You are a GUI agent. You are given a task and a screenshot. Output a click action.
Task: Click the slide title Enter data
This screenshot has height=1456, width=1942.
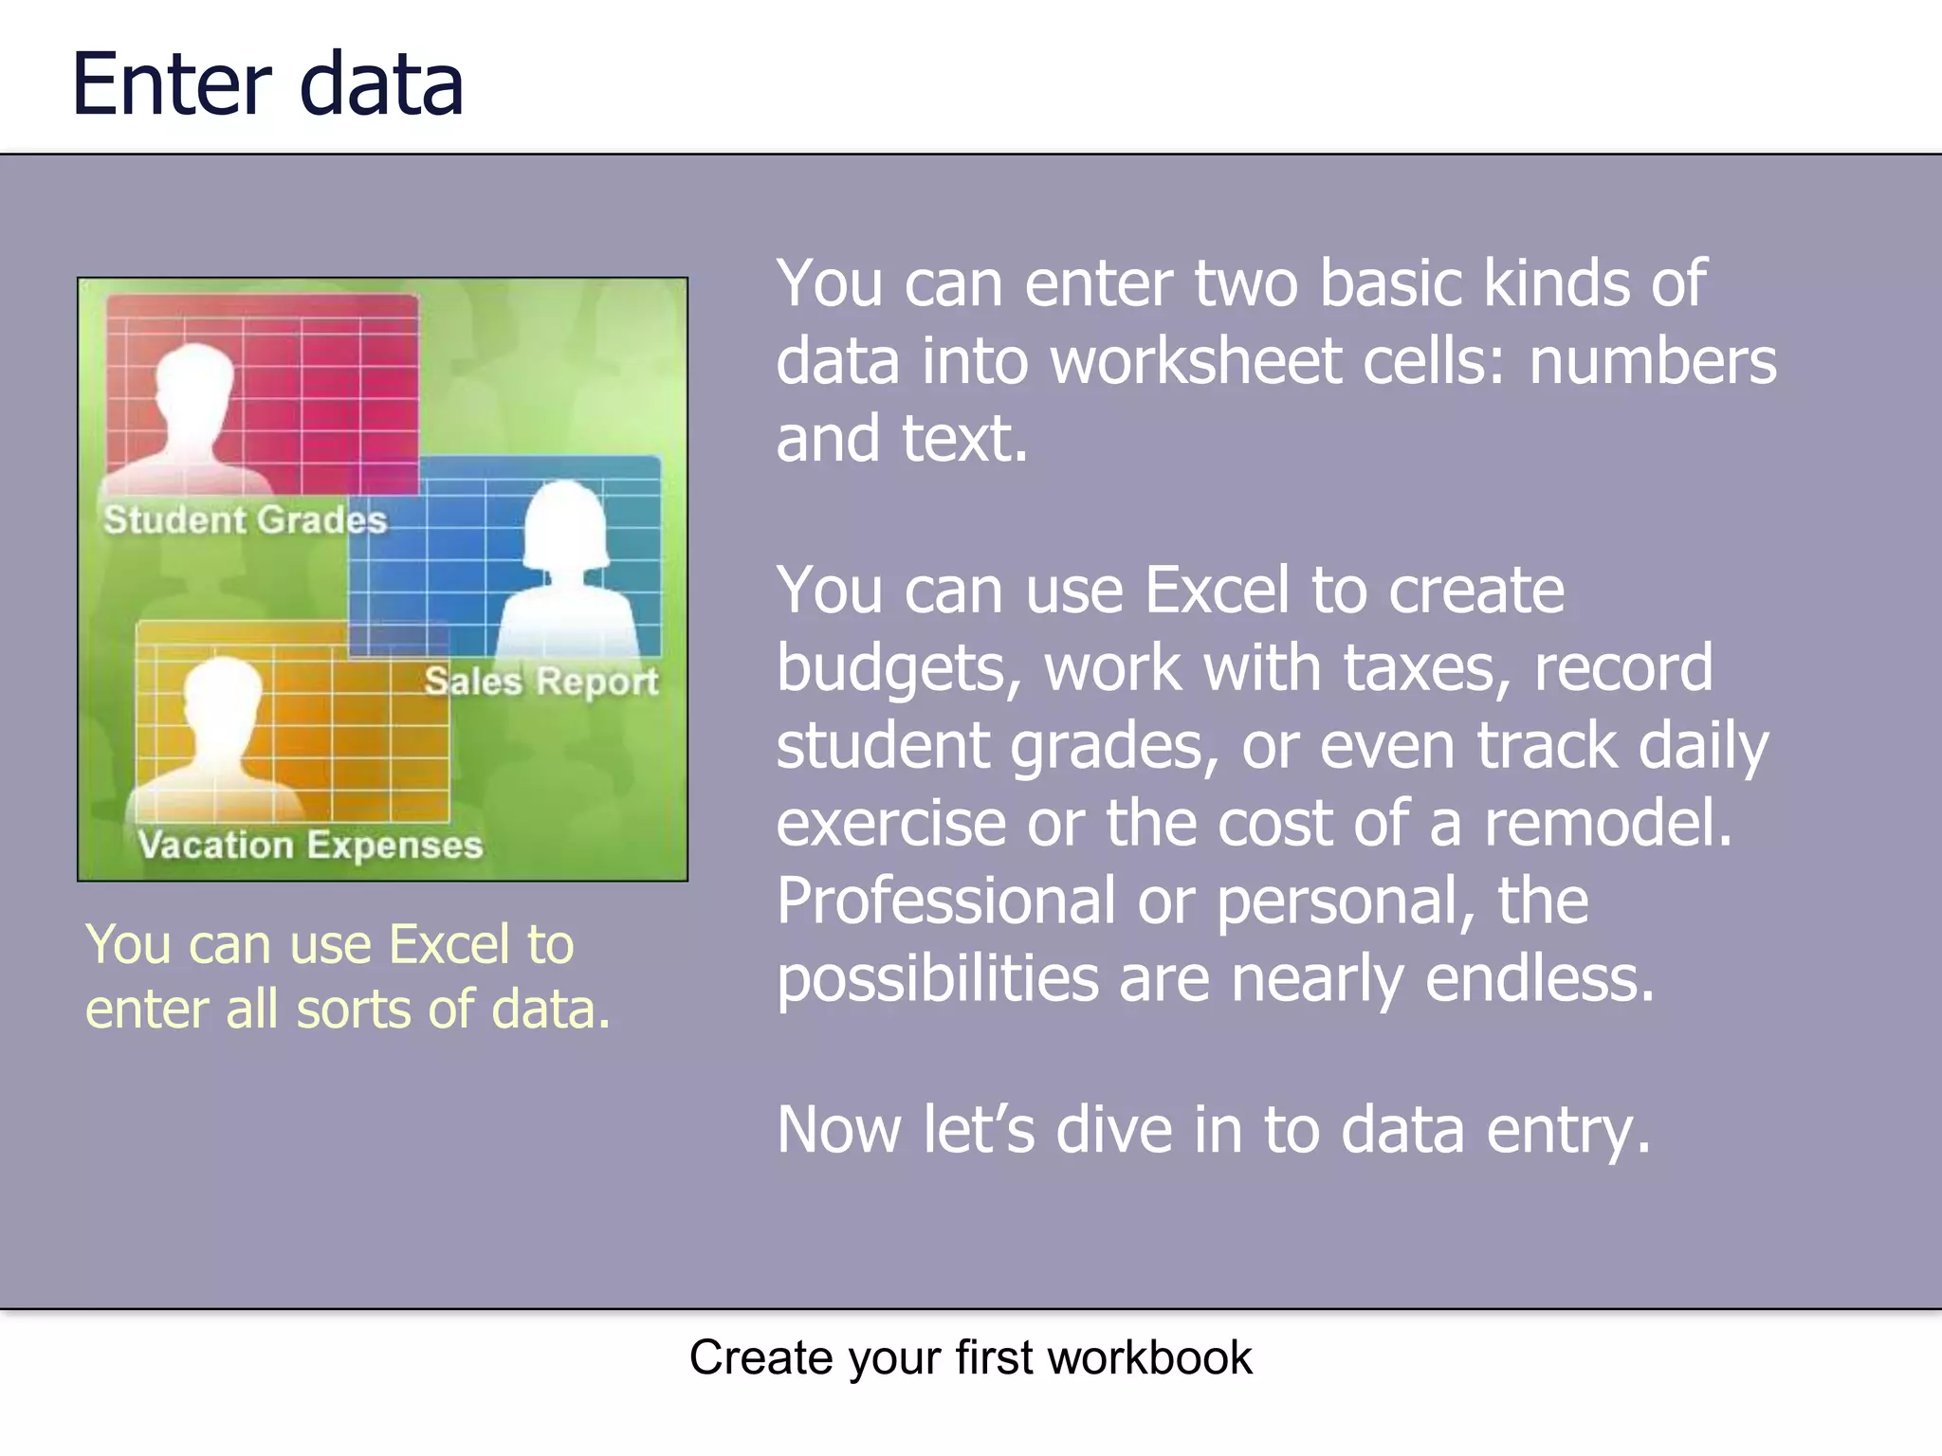[x=267, y=85]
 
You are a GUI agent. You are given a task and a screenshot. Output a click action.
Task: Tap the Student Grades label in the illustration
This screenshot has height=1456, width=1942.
[x=245, y=520]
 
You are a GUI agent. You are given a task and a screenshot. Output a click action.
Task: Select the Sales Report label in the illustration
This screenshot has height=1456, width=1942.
[x=540, y=682]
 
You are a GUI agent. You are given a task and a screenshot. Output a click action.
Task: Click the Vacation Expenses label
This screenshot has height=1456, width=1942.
[x=310, y=845]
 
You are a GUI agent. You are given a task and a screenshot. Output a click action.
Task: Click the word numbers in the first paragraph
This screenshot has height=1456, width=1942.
[x=1652, y=361]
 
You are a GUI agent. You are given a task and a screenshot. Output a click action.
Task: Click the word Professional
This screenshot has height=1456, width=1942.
[x=945, y=901]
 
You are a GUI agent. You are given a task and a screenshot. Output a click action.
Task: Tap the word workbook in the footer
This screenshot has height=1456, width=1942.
[x=1149, y=1357]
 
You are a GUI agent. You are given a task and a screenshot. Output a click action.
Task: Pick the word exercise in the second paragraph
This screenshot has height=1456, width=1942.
[x=891, y=823]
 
